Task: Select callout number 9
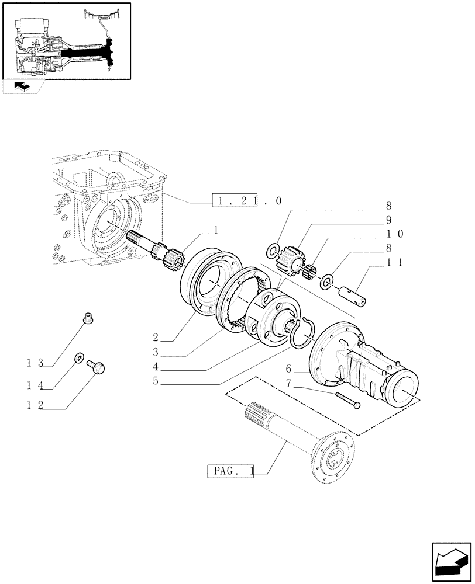(x=388, y=220)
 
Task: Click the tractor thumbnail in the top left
(x=66, y=41)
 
